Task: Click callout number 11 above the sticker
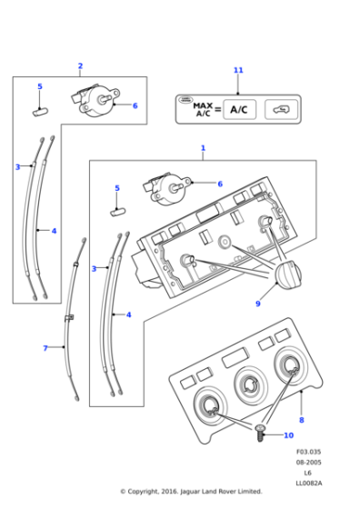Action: [x=238, y=70]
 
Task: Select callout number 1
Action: [x=203, y=147]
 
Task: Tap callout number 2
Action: [x=80, y=65]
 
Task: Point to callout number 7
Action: [x=45, y=348]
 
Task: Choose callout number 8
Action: [x=301, y=420]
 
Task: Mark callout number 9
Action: [x=258, y=304]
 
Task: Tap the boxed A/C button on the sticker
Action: [x=238, y=109]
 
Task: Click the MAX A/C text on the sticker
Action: [x=203, y=109]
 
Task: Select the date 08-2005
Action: [x=308, y=464]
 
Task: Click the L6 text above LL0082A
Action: [x=308, y=474]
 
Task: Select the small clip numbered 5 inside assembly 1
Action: [x=118, y=210]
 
